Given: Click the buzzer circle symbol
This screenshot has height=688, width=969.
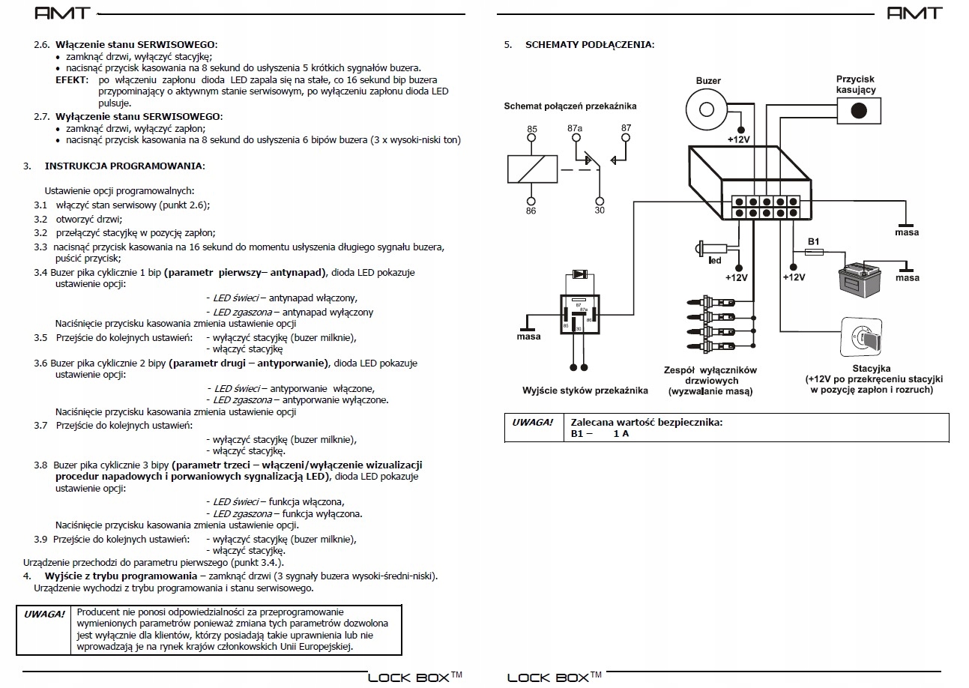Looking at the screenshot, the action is pyautogui.click(x=707, y=109).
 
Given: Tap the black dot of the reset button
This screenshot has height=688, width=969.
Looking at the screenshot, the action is pyautogui.click(x=859, y=111).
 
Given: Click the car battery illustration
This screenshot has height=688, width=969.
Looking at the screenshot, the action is pyautogui.click(x=860, y=280).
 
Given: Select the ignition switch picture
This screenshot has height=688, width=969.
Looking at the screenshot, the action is pyautogui.click(x=861, y=337).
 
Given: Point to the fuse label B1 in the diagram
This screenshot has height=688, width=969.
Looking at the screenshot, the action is pyautogui.click(x=813, y=241).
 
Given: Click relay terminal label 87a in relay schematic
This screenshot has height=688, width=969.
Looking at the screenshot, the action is pyautogui.click(x=575, y=128).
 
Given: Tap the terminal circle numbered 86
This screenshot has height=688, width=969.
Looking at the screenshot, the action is pyautogui.click(x=531, y=201).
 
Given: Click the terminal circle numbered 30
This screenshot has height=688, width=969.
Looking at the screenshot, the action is pyautogui.click(x=600, y=201).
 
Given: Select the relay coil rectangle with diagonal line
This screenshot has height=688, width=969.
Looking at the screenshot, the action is pyautogui.click(x=532, y=169).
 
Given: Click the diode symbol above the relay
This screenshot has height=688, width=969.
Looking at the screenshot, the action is pyautogui.click(x=579, y=274).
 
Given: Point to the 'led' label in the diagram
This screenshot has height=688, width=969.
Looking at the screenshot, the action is pyautogui.click(x=715, y=261).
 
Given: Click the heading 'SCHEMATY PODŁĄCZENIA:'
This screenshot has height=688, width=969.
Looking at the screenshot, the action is pyautogui.click(x=590, y=44).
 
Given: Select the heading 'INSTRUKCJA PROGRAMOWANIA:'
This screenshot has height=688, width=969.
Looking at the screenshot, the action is pyautogui.click(x=124, y=166).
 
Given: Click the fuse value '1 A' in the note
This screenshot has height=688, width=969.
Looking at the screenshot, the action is pyautogui.click(x=621, y=434).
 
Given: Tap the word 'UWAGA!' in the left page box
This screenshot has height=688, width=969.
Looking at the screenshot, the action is pyautogui.click(x=44, y=614).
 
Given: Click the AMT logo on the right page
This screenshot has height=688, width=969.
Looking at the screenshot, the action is pyautogui.click(x=914, y=13).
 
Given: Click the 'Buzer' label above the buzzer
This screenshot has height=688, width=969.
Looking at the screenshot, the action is pyautogui.click(x=708, y=80).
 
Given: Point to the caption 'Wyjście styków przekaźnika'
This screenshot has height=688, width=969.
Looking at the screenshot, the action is pyautogui.click(x=585, y=390).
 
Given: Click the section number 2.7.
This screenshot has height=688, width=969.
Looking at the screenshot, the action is pyautogui.click(x=42, y=117).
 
